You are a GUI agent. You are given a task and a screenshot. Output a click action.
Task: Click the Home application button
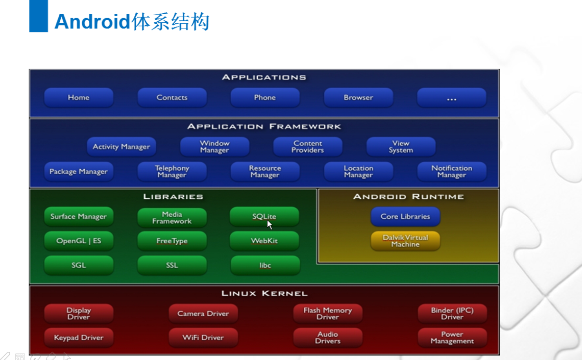coord(78,97)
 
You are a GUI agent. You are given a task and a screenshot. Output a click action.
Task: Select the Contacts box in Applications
coord(172,97)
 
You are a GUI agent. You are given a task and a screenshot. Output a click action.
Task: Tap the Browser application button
coord(358,97)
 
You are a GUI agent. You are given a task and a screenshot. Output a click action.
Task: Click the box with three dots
coord(451,97)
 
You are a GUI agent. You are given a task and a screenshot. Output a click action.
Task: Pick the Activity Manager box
coord(122,147)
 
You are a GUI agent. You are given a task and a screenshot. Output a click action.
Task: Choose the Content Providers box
coord(308,147)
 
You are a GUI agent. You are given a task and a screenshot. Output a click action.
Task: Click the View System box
coord(401,147)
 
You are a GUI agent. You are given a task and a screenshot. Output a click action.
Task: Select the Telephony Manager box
coord(172,171)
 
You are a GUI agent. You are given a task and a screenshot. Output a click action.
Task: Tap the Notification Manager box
coord(451,171)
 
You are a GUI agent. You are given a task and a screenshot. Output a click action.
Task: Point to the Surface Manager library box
coord(78,216)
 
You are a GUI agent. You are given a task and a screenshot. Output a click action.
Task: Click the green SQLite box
coord(264,216)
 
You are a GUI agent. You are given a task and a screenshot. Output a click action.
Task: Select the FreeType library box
coord(172,241)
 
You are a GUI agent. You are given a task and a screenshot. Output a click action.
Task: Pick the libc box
coord(265,265)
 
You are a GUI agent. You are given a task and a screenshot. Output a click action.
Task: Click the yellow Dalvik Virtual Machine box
coord(405,241)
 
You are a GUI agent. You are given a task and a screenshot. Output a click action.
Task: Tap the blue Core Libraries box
coord(405,216)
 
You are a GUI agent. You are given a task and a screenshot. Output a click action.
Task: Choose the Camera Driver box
coord(203,314)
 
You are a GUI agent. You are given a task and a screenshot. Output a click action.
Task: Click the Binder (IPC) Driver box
coord(452,314)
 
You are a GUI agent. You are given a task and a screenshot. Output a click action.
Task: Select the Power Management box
coord(452,337)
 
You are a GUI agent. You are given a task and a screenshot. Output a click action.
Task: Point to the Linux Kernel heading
coord(264,293)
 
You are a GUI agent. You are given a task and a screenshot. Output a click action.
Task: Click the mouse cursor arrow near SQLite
coord(270,225)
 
